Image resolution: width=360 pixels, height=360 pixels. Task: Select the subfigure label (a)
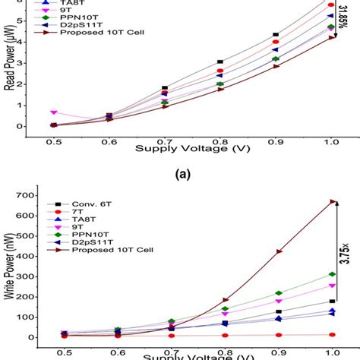(180, 173)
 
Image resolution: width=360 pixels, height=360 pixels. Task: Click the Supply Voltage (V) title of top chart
(180, 150)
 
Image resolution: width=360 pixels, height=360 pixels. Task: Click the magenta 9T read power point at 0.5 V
(53, 112)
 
